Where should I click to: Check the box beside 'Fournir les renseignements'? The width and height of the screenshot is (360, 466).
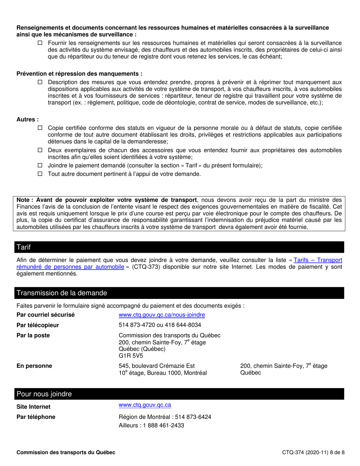(40, 43)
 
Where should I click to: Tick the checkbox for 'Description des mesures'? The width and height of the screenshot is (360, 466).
(40, 82)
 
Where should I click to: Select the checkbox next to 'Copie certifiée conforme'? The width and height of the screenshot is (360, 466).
(40, 128)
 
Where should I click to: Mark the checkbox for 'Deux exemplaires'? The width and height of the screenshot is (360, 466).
(40, 150)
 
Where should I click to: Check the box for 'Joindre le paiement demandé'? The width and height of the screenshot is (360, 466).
(40, 166)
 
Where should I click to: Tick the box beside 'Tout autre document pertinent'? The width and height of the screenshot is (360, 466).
(40, 174)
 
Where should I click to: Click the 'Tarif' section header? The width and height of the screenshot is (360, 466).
(23, 247)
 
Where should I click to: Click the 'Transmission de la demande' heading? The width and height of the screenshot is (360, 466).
(61, 293)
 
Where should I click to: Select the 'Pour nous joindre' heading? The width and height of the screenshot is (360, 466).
(44, 394)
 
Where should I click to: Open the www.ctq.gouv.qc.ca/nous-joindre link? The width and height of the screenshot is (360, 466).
(162, 315)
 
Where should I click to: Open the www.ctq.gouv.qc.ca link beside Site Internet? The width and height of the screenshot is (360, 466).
(145, 405)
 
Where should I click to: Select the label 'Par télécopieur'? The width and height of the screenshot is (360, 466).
(38, 325)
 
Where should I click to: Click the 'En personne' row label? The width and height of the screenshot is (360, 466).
(34, 366)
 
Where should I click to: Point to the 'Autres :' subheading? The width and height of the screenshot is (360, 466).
(28, 119)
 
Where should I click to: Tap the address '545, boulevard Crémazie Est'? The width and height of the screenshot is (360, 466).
(157, 366)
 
